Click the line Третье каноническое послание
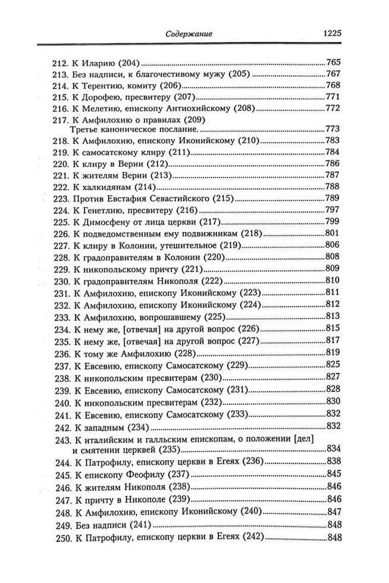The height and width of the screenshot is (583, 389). click(x=128, y=129)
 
